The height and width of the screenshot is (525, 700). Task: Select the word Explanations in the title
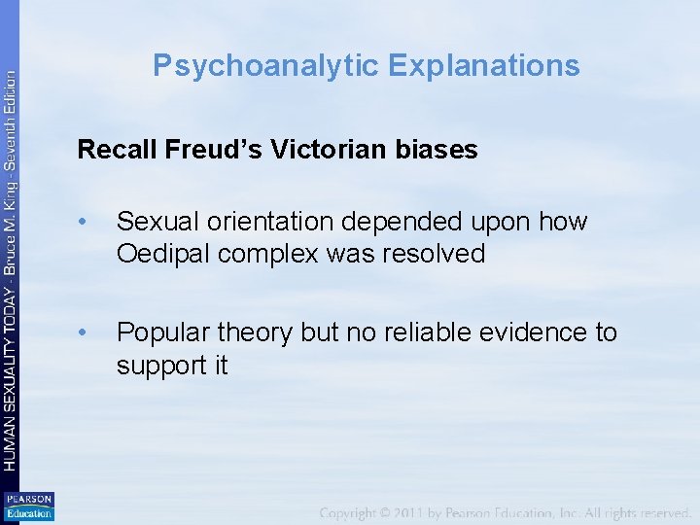click(x=483, y=65)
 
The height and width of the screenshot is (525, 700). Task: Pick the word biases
click(x=438, y=150)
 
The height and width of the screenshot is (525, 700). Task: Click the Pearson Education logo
click(x=29, y=506)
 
